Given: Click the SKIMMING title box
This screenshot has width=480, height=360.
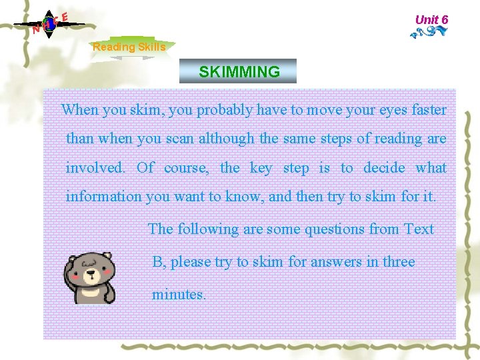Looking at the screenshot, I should tap(238, 71).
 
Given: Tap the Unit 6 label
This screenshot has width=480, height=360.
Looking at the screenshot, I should tap(431, 19).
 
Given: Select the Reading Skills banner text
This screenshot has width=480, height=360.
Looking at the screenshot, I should tap(129, 47).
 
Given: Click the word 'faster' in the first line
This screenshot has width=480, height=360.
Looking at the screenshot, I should tap(429, 110).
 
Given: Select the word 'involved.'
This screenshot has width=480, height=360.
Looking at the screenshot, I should tap(95, 167).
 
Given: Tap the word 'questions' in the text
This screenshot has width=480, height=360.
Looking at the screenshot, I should tap(333, 229).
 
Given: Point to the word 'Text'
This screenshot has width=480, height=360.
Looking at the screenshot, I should tap(419, 229).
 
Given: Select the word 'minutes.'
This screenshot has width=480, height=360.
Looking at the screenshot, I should tap(179, 294).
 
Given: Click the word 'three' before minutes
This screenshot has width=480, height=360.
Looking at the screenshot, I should tap(399, 262).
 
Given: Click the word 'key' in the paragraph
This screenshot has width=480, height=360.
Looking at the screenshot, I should tap(261, 167).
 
